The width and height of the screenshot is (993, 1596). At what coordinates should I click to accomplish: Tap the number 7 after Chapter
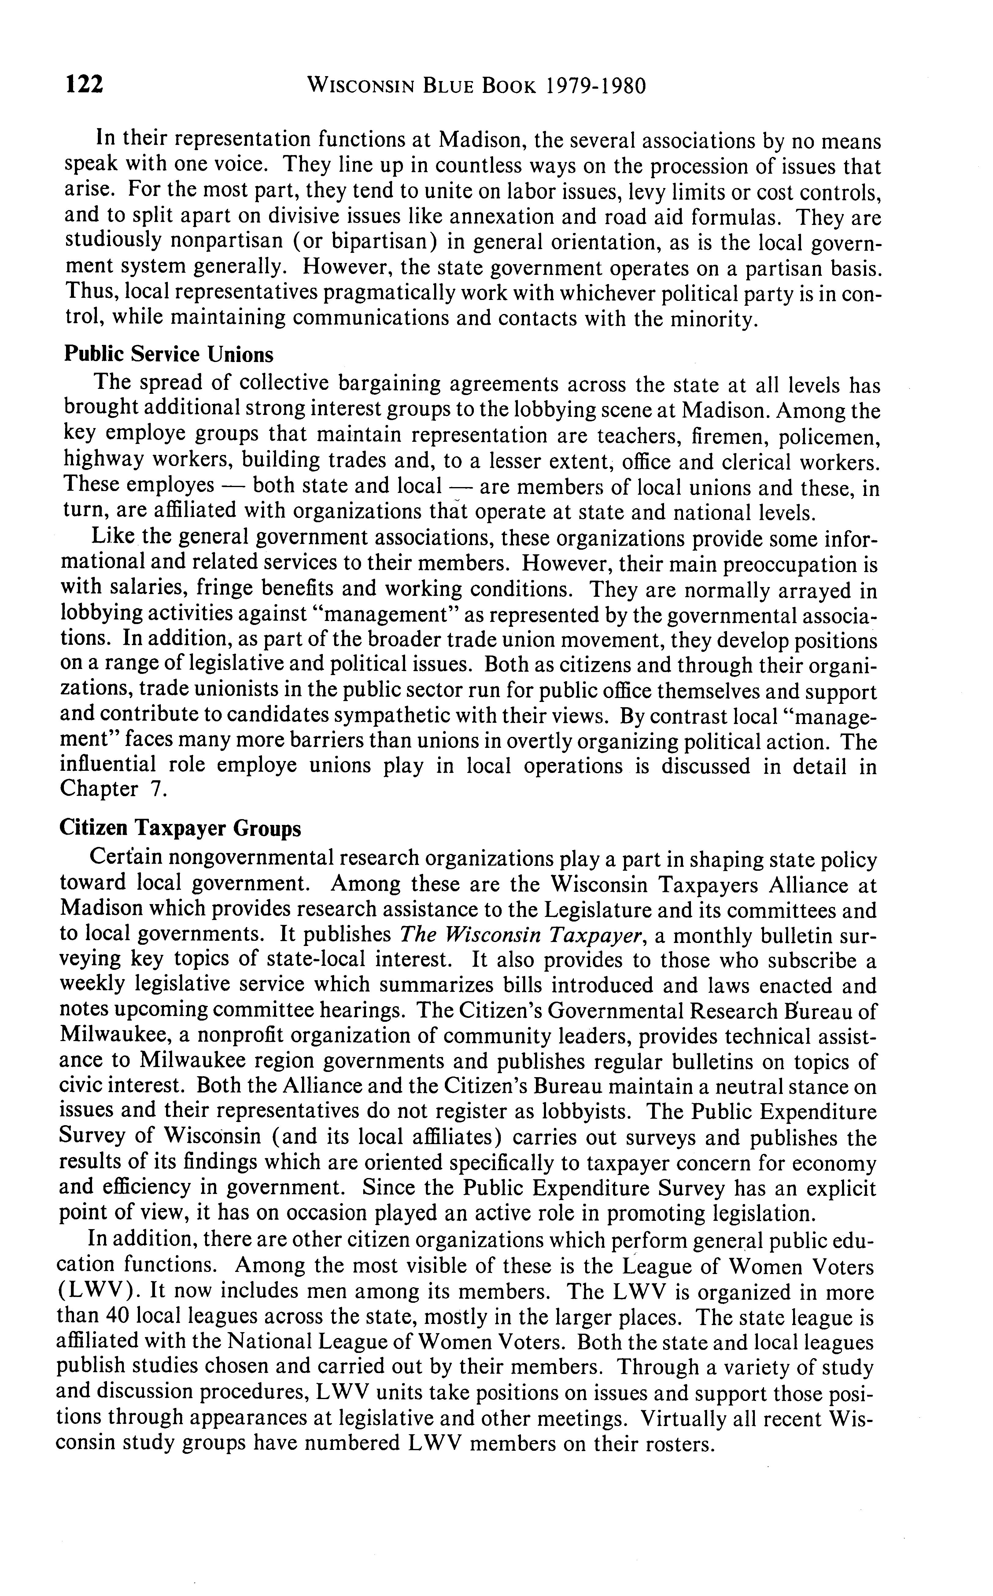pyautogui.click(x=156, y=789)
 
